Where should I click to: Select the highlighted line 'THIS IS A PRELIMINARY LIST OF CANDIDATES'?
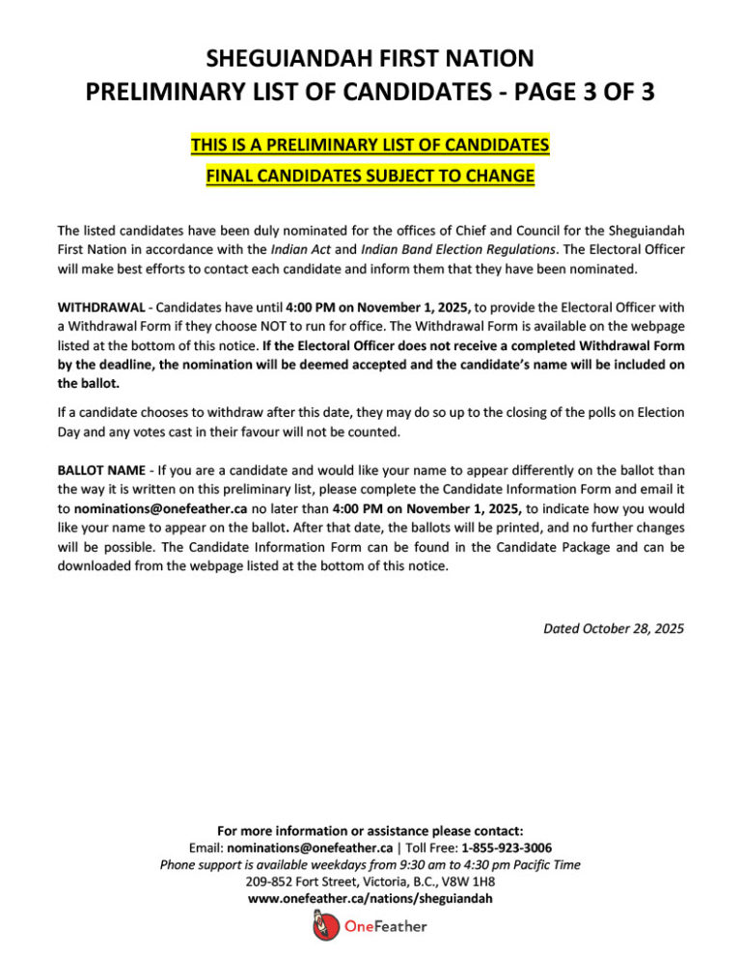(370, 146)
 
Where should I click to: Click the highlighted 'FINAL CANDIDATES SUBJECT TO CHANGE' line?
(370, 177)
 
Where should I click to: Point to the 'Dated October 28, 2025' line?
(614, 628)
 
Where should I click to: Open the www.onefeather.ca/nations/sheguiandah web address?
(370, 899)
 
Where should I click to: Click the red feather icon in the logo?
(322, 927)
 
